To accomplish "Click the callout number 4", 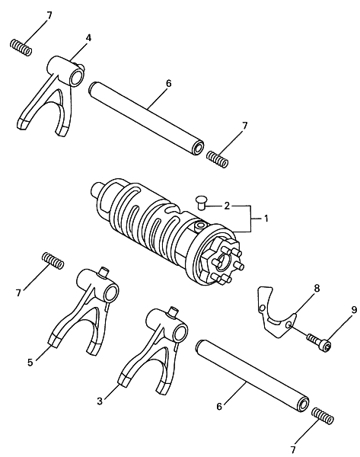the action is (88, 37).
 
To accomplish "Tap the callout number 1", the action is (266, 219).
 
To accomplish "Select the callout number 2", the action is (227, 206).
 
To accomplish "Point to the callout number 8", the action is (317, 288).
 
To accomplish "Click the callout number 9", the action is (354, 310).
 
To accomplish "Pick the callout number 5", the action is (30, 363).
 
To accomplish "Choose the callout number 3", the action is (100, 401).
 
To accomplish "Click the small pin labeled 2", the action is (200, 202).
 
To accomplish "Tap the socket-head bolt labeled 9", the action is (319, 342).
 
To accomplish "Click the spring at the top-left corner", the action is (21, 47).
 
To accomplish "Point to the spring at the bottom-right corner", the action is (323, 416).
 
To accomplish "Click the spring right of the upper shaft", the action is (217, 159).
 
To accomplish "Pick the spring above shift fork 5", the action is (53, 260).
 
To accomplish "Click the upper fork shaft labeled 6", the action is (146, 118).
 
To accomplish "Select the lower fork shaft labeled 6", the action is (253, 376).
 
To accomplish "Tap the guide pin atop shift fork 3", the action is (174, 312).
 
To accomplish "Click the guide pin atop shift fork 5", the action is (104, 271).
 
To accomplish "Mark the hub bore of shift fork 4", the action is (76, 77).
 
